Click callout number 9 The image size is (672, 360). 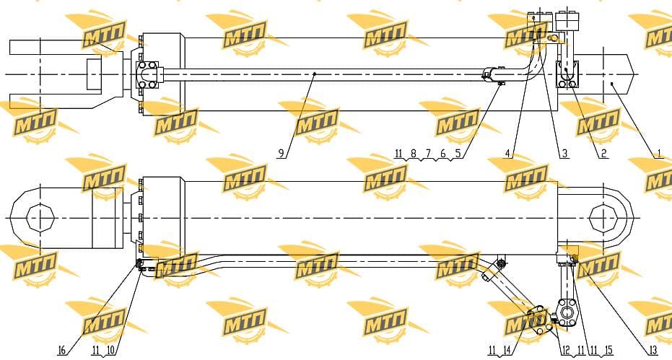(x=281, y=153)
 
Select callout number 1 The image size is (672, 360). (x=659, y=153)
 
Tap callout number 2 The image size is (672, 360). (x=603, y=153)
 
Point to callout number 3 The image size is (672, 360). (x=564, y=153)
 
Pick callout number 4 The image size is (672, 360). (x=507, y=153)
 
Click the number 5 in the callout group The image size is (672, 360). (x=458, y=153)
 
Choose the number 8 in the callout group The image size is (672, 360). (x=413, y=153)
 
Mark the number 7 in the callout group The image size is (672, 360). (x=428, y=153)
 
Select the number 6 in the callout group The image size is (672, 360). (x=442, y=153)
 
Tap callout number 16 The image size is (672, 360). (x=61, y=351)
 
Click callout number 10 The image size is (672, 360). (x=110, y=350)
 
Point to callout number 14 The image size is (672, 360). (x=507, y=351)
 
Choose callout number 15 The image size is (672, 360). (x=608, y=351)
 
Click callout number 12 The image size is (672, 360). (x=566, y=351)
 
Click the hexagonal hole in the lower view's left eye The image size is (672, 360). (x=40, y=218)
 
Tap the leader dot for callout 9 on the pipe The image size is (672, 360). (x=314, y=74)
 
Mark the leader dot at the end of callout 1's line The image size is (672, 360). (x=612, y=84)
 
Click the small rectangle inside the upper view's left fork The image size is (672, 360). (x=95, y=74)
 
